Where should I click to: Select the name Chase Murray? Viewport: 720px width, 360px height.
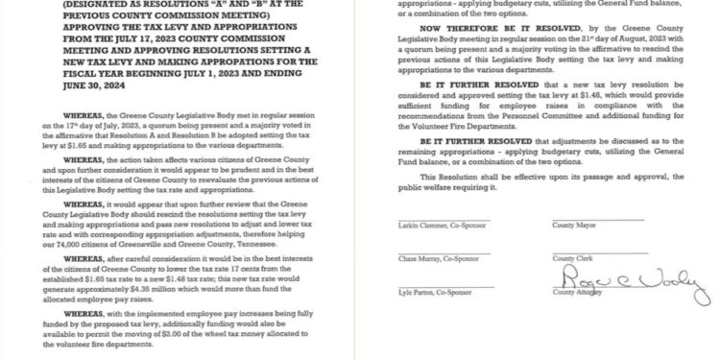419,259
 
